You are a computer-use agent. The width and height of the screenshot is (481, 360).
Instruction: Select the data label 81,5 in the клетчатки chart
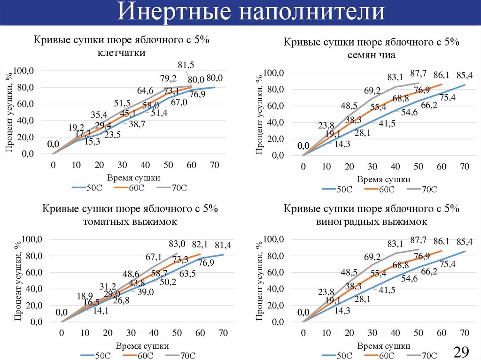(x=186, y=65)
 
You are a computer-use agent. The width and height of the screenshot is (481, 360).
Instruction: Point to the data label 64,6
(x=145, y=90)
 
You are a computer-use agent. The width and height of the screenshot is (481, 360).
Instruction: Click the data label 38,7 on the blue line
(x=137, y=124)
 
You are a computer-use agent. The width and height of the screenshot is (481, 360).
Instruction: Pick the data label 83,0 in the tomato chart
(x=178, y=244)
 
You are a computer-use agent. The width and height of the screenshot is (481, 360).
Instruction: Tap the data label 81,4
(x=223, y=245)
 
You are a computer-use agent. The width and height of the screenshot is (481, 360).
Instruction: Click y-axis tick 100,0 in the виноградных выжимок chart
(x=276, y=239)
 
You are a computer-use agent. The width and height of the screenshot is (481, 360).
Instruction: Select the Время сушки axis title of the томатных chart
(x=142, y=345)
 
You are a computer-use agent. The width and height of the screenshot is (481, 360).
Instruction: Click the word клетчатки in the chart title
(x=121, y=53)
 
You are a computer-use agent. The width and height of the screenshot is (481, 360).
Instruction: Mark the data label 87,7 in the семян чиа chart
(x=418, y=73)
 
